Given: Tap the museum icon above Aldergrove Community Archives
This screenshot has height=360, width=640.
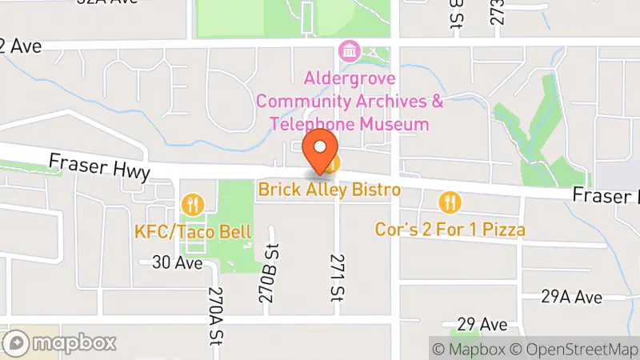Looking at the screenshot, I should point(349,52).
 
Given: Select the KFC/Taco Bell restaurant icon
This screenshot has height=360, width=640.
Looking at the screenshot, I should point(192,205).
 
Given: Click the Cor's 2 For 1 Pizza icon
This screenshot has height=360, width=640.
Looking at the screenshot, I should point(451,202).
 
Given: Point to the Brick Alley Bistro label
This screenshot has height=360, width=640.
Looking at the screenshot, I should point(329,190).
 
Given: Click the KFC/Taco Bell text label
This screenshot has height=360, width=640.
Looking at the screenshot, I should point(192,232).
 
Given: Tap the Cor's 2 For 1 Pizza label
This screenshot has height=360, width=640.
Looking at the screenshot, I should point(450,230).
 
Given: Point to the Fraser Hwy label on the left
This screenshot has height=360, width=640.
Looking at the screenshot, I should point(98,166).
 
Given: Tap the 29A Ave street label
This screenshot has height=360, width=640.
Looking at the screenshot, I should point(571,297).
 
